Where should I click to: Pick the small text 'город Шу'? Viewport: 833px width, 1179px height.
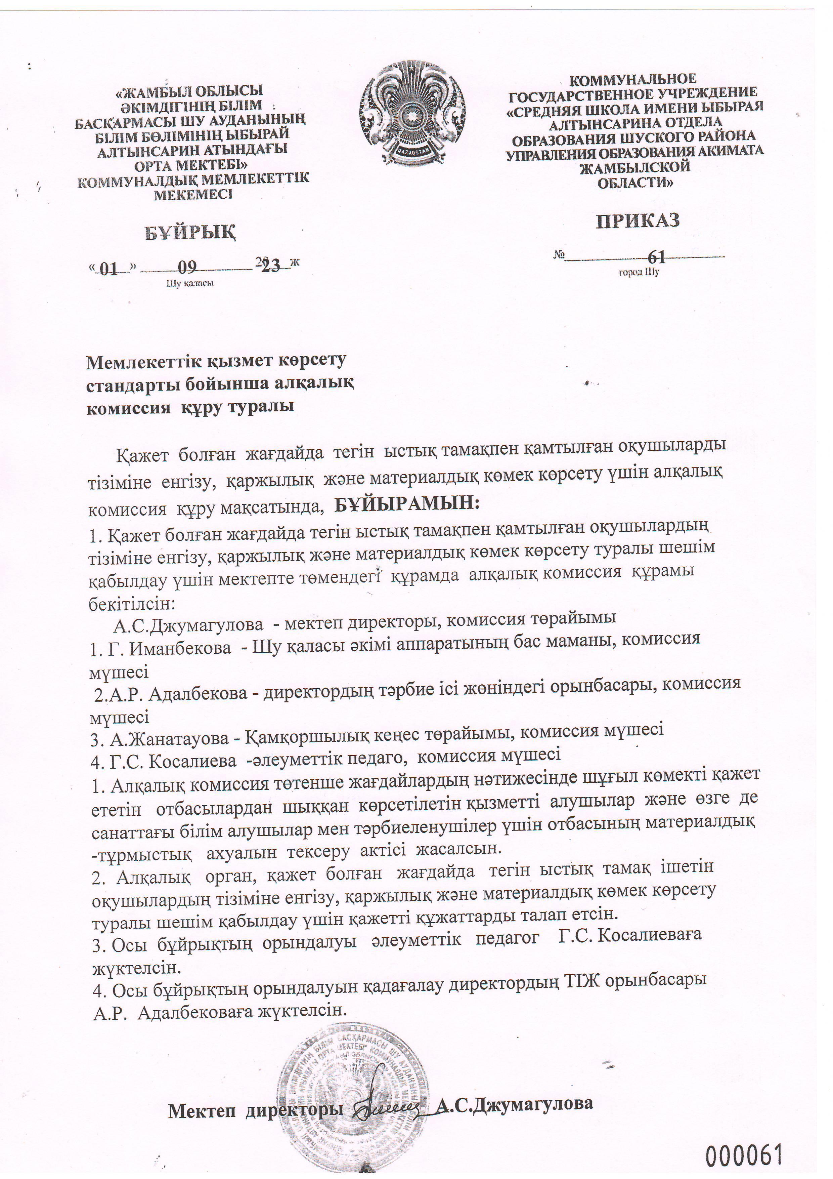pos(639,272)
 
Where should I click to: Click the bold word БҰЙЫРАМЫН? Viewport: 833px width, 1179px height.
pos(407,503)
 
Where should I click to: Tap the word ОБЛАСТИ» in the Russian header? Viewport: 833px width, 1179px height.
pos(635,182)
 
